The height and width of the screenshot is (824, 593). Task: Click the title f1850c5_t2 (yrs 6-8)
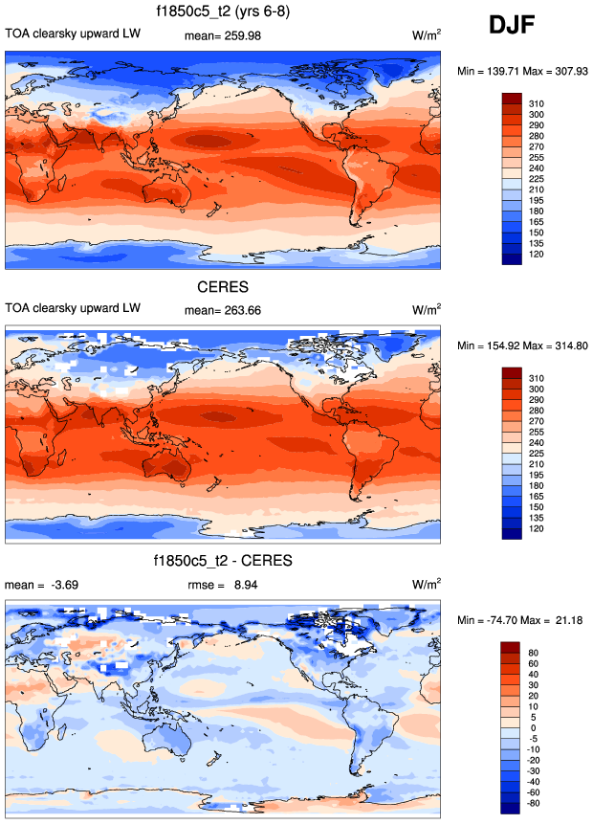223,12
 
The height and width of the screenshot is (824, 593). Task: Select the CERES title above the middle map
223,288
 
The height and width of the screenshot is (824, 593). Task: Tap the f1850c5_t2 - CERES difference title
223,560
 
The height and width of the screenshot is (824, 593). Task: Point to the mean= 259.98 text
222,36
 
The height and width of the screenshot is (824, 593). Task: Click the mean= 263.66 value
222,309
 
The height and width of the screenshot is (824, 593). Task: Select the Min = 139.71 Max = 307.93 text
521,72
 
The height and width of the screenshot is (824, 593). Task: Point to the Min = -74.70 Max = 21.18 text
521,620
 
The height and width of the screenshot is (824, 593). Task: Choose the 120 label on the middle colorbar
537,529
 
